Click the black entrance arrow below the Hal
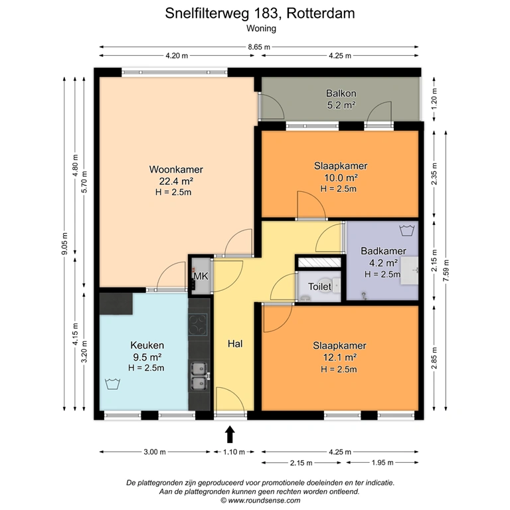coord(230,434)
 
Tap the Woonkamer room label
coord(176,169)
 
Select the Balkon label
coord(341,94)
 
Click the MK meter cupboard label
coord(201,276)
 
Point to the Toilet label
coord(319,287)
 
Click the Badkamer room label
coord(383,251)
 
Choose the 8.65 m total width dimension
coord(259,47)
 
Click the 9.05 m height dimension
coord(64,243)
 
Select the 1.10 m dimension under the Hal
coord(234,452)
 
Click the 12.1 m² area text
coord(339,357)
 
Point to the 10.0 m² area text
coord(341,177)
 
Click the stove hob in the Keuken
coord(198,324)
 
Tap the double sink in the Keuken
coord(199,376)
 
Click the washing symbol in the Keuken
coord(112,384)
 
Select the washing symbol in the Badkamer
coord(406,230)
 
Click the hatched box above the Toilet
coord(319,262)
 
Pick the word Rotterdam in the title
coord(321,13)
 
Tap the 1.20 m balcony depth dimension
coord(434,98)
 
